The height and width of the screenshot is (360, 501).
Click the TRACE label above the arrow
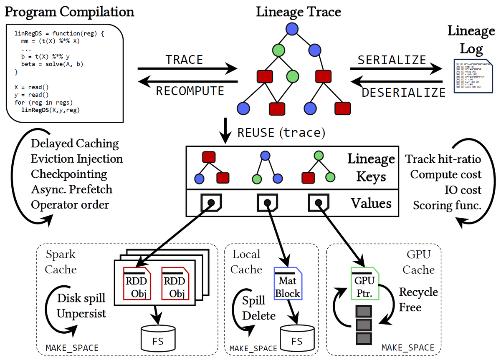(184, 60)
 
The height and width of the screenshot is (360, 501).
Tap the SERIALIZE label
(392, 60)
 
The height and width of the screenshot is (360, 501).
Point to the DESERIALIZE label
(403, 92)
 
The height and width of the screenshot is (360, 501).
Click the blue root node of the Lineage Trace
(292, 29)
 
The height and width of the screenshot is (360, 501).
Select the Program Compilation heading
(69, 12)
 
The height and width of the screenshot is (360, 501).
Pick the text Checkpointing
(69, 174)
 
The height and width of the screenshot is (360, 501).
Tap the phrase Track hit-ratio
(443, 159)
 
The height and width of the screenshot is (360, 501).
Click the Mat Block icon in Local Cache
(287, 283)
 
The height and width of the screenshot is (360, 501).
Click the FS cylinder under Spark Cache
(157, 337)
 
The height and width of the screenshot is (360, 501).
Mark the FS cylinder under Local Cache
(296, 337)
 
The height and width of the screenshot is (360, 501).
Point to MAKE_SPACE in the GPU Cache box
(408, 347)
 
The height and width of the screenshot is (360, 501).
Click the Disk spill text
(81, 298)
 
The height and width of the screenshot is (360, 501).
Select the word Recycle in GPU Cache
(418, 292)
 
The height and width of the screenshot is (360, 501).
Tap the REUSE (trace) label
(281, 133)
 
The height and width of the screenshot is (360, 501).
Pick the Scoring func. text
(447, 205)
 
